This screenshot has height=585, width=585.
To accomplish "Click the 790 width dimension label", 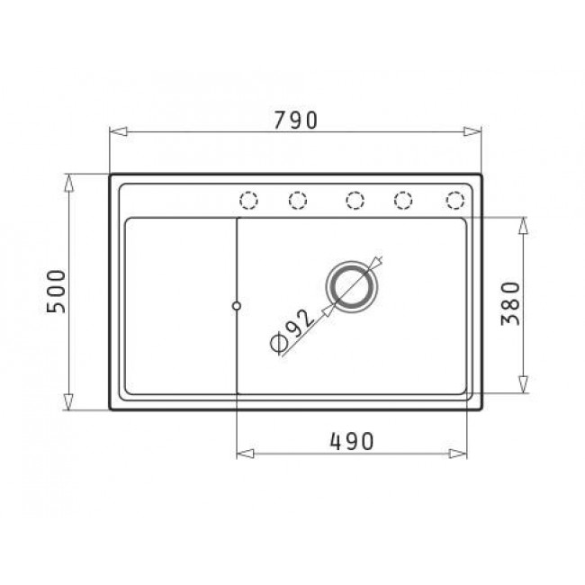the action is [295, 120].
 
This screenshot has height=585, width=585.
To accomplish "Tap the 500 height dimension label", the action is [56, 292].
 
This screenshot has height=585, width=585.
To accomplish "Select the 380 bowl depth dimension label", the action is [510, 303].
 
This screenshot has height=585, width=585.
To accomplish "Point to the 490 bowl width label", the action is [351, 441].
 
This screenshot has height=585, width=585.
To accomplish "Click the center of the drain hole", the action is [352, 286].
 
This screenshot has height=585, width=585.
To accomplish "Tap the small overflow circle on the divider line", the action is [236, 306].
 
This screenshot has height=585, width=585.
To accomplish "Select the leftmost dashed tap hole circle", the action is [248, 201].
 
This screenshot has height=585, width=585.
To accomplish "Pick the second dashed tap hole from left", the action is [298, 201].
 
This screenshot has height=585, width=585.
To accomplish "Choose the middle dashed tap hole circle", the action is [355, 201].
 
